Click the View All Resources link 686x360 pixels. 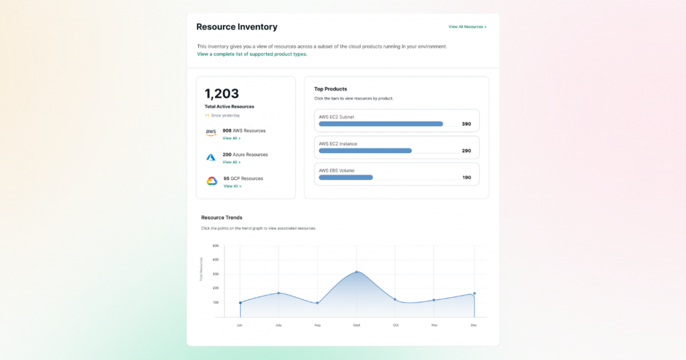(x=467, y=27)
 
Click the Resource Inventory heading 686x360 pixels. (x=237, y=27)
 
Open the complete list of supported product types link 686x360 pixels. (x=252, y=54)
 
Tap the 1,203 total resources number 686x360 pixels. (x=222, y=94)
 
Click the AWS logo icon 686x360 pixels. (x=211, y=133)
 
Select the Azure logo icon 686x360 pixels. (x=211, y=157)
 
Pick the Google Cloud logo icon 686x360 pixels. (x=212, y=181)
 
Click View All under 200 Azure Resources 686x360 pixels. (x=232, y=162)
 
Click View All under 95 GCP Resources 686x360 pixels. (x=232, y=186)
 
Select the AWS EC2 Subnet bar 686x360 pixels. (x=381, y=123)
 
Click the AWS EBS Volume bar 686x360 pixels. (x=346, y=177)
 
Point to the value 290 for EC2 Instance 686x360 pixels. (x=466, y=151)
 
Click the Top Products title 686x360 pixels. (x=330, y=89)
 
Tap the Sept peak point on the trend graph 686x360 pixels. (x=357, y=272)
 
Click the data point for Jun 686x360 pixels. (x=240, y=303)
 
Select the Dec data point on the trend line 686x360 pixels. (x=474, y=294)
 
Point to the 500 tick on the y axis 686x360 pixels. (x=216, y=246)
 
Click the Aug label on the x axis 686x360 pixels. (x=317, y=325)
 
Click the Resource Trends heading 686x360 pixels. (x=222, y=218)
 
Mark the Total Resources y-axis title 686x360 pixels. (x=201, y=269)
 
